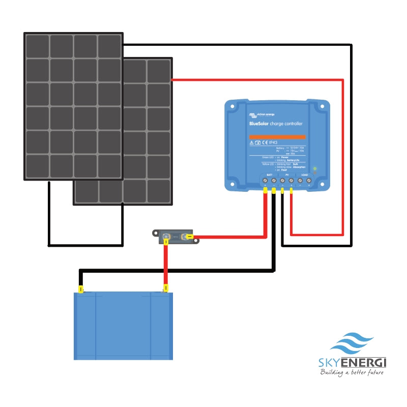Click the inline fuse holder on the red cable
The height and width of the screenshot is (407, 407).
click(x=176, y=237)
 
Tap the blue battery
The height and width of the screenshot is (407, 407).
click(x=124, y=326)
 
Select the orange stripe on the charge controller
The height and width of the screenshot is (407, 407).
click(x=277, y=137)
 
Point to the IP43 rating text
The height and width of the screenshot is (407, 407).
click(x=273, y=143)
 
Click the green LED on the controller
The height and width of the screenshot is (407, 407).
click(x=315, y=168)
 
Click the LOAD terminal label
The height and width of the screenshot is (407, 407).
click(x=304, y=175)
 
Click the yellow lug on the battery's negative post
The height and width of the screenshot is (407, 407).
click(x=80, y=290)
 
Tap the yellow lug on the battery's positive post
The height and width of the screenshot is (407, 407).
click(x=165, y=290)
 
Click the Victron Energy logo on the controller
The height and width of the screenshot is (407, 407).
click(x=261, y=115)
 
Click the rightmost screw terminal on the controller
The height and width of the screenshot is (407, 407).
click(x=309, y=180)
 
